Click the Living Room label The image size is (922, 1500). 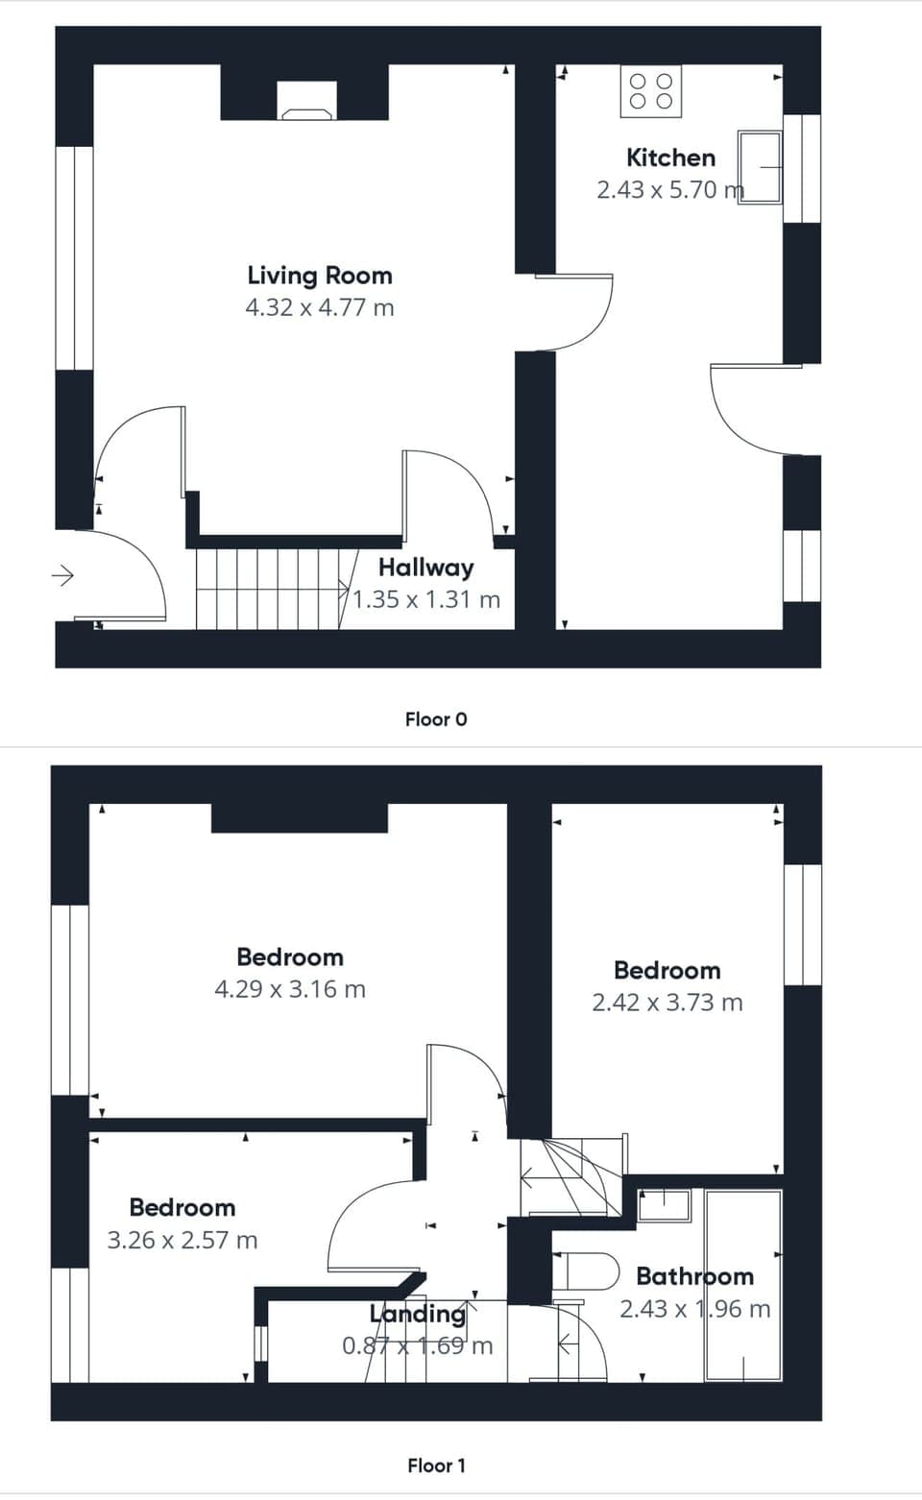(x=320, y=276)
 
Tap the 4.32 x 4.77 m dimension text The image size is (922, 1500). (x=320, y=308)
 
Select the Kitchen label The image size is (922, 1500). (x=670, y=157)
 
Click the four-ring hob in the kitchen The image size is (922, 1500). (x=650, y=91)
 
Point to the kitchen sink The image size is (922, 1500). (x=759, y=167)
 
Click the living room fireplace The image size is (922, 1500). (x=307, y=100)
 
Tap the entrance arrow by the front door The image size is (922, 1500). (x=62, y=576)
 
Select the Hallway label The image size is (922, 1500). (x=425, y=568)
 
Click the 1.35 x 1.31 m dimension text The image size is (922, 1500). (x=425, y=600)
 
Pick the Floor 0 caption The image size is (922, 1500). (x=436, y=719)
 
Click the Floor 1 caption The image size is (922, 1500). (x=436, y=1465)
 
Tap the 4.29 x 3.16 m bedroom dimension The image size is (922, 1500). (x=290, y=989)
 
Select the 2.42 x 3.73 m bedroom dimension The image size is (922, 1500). (x=667, y=1003)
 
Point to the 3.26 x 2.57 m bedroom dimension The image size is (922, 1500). (x=182, y=1241)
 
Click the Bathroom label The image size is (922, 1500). (x=694, y=1276)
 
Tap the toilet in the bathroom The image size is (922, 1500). (x=585, y=1270)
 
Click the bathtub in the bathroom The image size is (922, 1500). (x=742, y=1285)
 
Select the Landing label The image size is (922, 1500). (x=418, y=1314)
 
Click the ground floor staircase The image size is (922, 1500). (x=269, y=588)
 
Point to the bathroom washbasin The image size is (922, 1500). (x=664, y=1205)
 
